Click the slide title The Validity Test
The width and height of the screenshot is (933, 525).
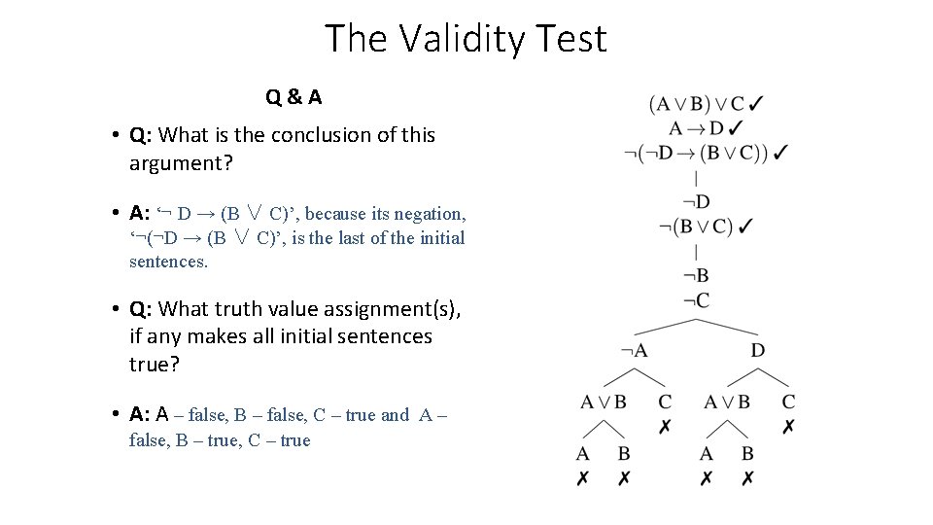click(x=466, y=39)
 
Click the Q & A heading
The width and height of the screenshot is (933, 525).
click(x=294, y=97)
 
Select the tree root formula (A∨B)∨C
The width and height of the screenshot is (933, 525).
click(x=697, y=103)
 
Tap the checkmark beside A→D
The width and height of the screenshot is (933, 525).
click(x=736, y=127)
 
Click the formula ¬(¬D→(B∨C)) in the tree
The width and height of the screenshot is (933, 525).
click(x=696, y=153)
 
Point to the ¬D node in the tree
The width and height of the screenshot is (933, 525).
click(x=696, y=202)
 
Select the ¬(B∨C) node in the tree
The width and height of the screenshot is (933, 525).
click(x=696, y=227)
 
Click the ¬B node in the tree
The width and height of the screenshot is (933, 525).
click(x=696, y=275)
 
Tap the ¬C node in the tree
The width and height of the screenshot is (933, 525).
click(x=696, y=299)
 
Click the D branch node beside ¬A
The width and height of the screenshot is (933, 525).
click(x=758, y=350)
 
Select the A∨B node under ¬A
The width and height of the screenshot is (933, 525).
click(x=604, y=402)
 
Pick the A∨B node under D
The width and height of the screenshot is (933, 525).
click(x=727, y=402)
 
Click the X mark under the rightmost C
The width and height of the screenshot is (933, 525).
click(x=789, y=427)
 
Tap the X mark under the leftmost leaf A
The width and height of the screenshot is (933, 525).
click(x=582, y=477)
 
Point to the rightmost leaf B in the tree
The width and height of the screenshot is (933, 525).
click(x=747, y=454)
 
